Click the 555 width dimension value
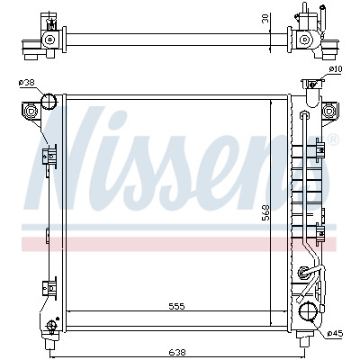(x=176, y=306)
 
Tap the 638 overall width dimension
(x=177, y=352)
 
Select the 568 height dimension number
(x=266, y=212)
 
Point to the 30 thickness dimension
(x=265, y=18)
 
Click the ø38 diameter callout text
(x=27, y=83)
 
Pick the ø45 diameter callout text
(x=335, y=333)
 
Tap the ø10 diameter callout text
(x=336, y=69)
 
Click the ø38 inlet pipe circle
(x=49, y=101)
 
